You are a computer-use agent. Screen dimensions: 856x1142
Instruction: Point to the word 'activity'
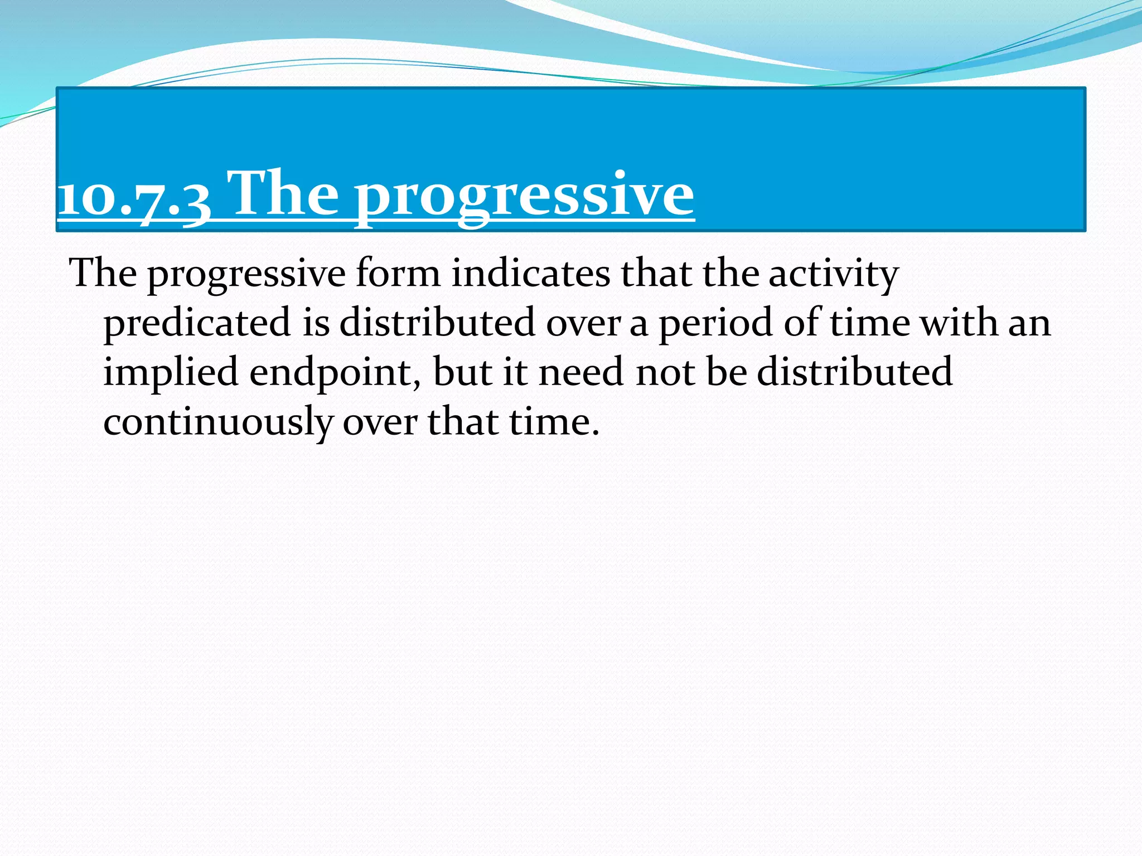[x=834, y=274]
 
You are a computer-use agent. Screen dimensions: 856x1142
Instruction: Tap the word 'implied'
[x=171, y=372]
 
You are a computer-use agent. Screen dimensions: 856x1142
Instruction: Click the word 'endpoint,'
[x=335, y=372]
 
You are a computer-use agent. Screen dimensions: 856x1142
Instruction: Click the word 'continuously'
[x=218, y=422]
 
